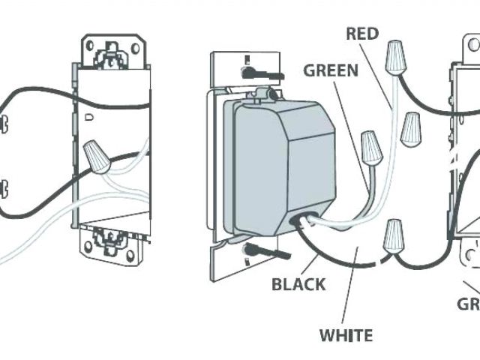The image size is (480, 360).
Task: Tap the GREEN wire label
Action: [330, 71]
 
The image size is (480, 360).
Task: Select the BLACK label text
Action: [298, 284]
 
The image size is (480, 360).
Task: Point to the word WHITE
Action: [345, 335]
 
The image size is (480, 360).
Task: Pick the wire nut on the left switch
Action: [94, 156]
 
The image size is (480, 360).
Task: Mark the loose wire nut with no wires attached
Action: [409, 129]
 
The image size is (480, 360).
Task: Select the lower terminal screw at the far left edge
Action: [4, 187]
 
